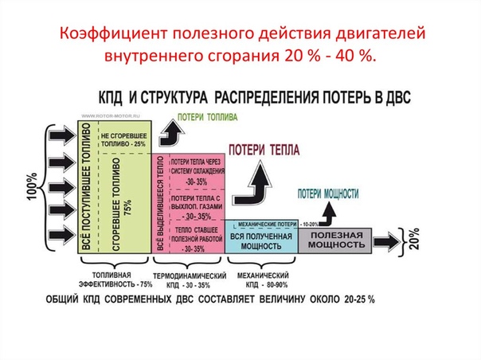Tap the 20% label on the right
point(414,239)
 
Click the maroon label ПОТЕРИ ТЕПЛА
point(264,150)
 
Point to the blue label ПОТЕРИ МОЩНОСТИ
point(328,193)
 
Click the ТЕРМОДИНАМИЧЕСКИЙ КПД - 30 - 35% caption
point(188,280)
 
